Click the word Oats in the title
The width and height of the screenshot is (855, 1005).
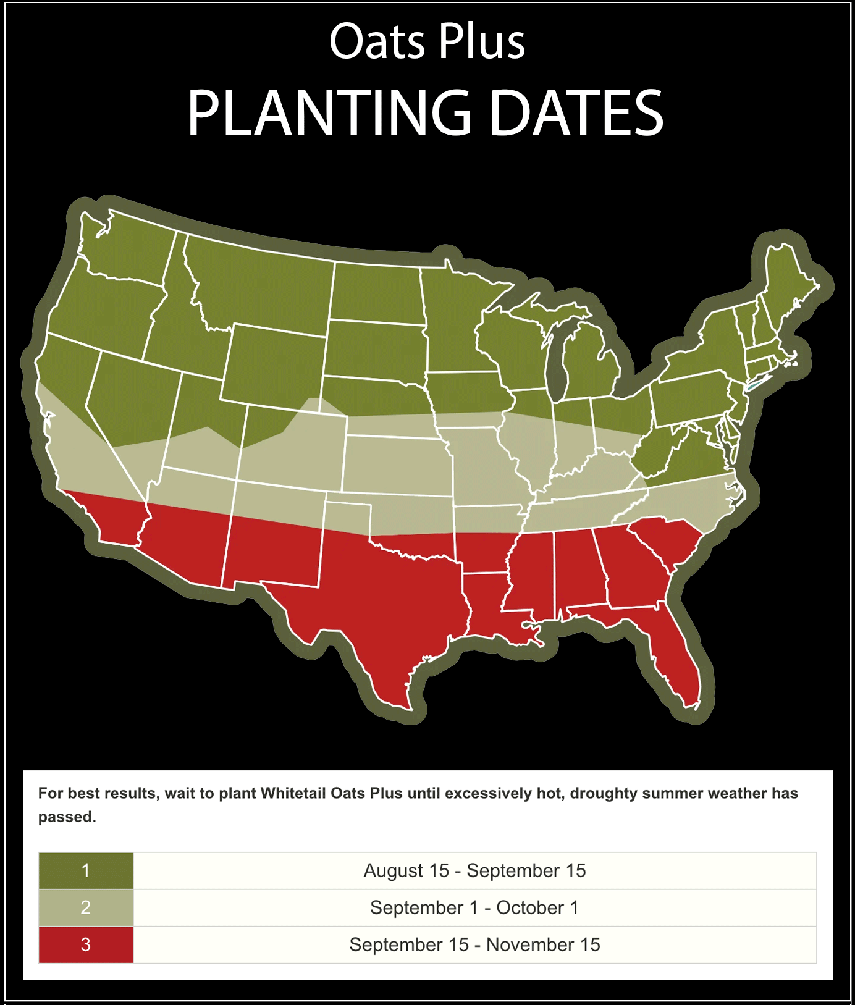[377, 42]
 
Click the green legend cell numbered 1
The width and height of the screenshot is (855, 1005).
[86, 870]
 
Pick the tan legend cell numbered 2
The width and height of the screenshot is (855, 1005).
[86, 907]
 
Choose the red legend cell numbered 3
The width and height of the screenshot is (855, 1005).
[86, 944]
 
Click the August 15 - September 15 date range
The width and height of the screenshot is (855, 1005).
[474, 870]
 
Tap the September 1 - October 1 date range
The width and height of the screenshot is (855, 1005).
[474, 907]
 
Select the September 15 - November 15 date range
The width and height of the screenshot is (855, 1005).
[474, 944]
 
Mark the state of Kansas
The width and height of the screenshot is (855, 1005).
[395, 463]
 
